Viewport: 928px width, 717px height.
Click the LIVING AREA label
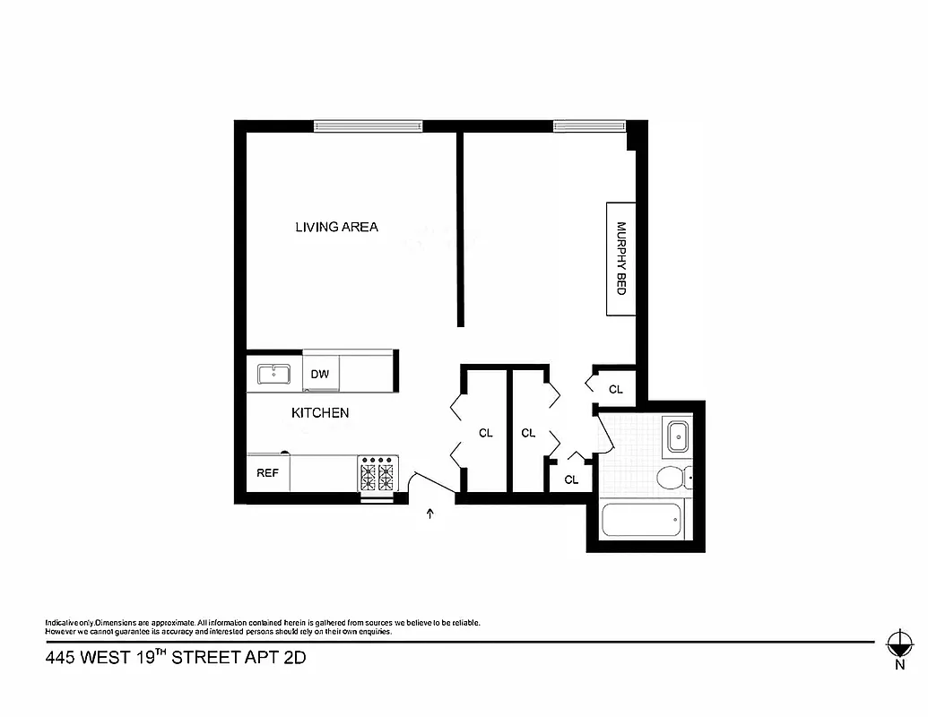336,227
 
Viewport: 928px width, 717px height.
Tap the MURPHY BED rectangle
620,259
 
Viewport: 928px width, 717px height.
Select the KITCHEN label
320,413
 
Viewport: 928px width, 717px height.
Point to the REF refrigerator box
267,473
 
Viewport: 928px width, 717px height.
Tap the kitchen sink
274,374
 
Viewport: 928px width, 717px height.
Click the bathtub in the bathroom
641,521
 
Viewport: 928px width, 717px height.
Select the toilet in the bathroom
672,478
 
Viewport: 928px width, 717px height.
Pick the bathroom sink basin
679,438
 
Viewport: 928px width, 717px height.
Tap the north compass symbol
898,643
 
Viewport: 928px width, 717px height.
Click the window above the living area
368,126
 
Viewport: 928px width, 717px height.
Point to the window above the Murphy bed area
587,126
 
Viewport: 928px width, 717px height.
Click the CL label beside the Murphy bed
616,389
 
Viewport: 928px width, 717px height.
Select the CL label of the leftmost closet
486,433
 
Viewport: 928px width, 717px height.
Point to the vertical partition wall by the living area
460,229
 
